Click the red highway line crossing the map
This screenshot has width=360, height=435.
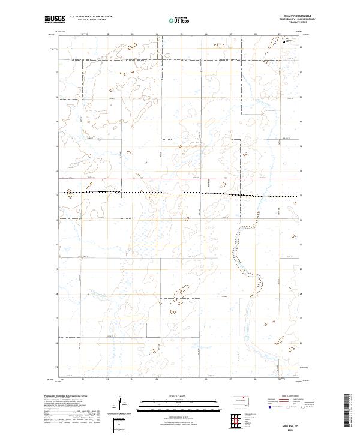pos(180,178)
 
